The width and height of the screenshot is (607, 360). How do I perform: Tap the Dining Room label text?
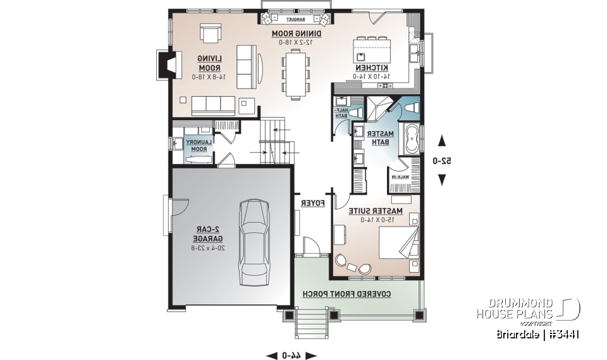297,34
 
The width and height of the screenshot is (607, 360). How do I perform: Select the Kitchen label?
372,68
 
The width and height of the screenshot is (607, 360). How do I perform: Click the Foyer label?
312,203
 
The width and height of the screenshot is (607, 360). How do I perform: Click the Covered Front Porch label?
346,294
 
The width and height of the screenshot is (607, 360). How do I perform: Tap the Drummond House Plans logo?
529,309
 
